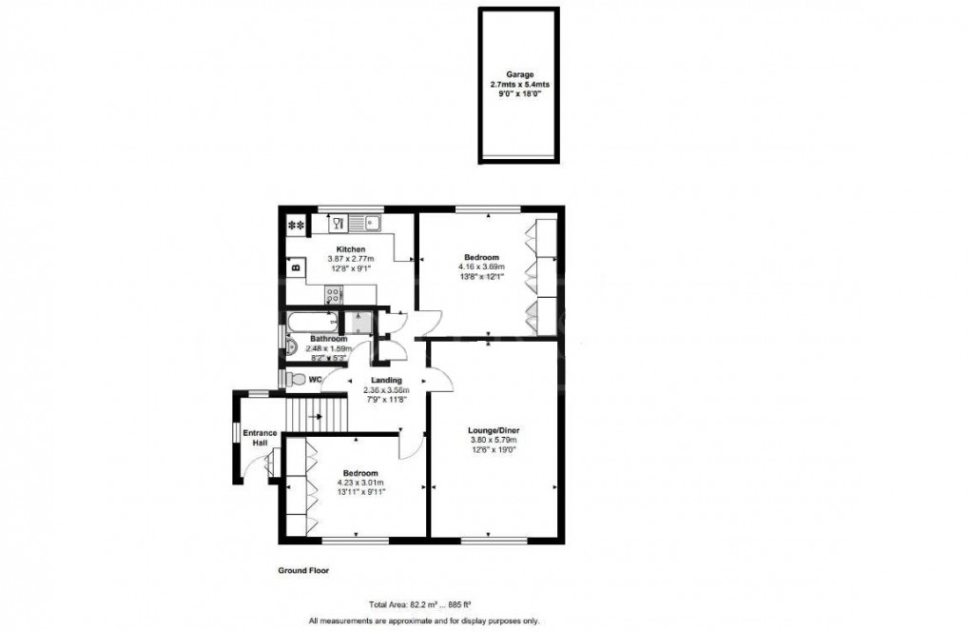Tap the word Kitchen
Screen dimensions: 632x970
point(351,249)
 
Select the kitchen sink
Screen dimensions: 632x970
point(365,225)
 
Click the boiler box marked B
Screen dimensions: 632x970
point(295,267)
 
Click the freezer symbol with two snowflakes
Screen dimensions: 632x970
point(296,226)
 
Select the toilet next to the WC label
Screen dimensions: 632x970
point(295,379)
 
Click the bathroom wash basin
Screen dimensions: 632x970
point(290,348)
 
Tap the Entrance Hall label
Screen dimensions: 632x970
point(258,439)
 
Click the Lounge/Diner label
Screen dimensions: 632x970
point(494,429)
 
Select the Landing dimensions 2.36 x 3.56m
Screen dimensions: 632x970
point(386,390)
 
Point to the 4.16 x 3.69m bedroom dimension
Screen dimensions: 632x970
point(484,267)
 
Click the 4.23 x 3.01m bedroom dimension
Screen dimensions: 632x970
point(360,483)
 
